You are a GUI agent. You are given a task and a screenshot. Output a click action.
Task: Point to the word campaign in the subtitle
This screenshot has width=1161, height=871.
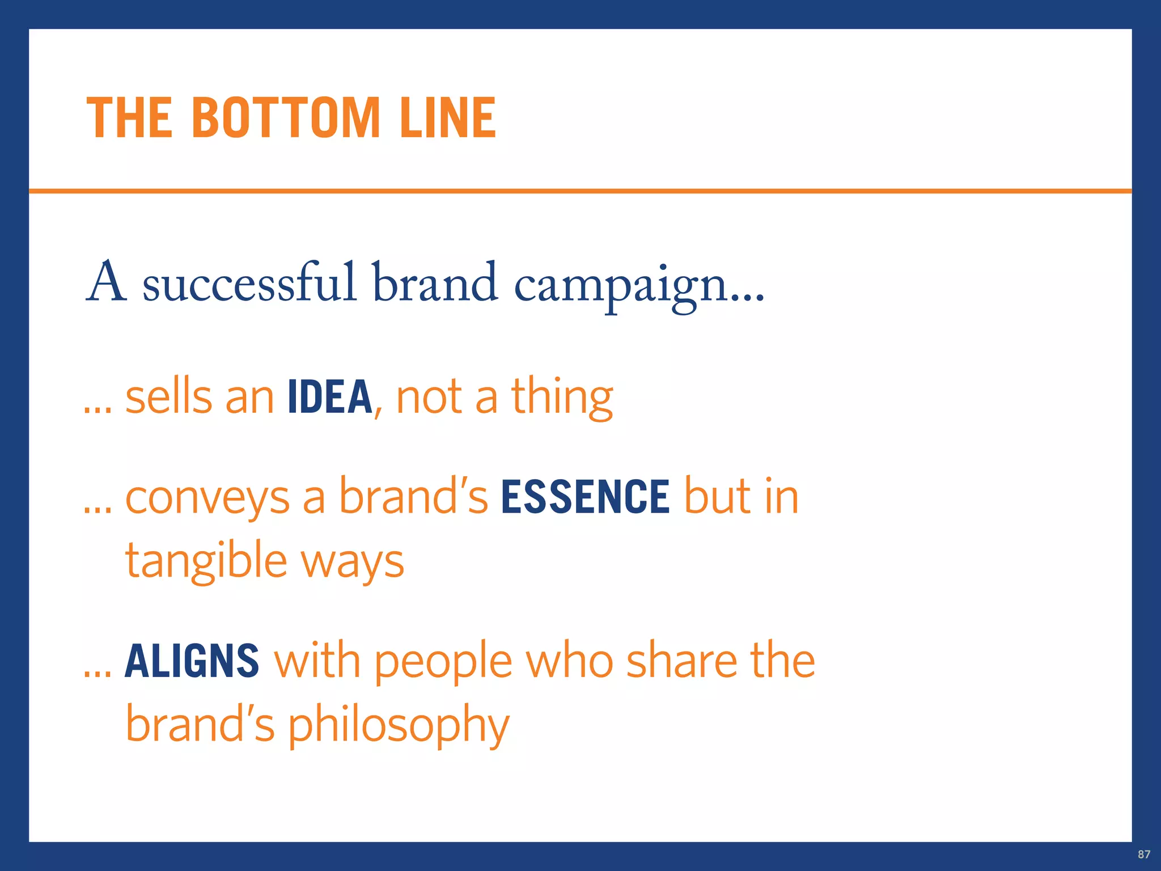[x=621, y=286]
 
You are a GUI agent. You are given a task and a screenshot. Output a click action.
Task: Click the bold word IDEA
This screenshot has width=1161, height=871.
[x=329, y=397]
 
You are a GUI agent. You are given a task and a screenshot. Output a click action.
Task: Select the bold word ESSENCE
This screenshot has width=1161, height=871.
[x=585, y=497]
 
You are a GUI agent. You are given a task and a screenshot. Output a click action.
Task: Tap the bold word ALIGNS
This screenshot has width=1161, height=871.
[x=192, y=661]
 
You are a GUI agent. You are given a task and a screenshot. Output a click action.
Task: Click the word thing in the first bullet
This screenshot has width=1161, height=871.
[x=562, y=398]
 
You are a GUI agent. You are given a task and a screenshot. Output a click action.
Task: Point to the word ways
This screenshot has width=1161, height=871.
[x=352, y=563]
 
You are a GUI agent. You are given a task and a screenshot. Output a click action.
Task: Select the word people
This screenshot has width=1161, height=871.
[x=443, y=663]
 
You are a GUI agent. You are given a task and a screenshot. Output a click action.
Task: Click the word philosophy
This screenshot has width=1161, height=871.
[x=399, y=727]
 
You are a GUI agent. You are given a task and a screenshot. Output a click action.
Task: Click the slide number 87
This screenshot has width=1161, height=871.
[x=1144, y=854]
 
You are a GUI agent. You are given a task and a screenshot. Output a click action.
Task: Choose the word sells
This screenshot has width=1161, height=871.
[x=168, y=397]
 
